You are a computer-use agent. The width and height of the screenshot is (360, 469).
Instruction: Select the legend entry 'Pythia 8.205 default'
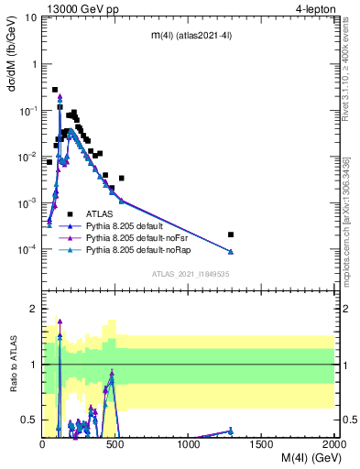coord(128,225)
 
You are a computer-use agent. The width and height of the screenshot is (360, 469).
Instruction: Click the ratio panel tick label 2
coord(33,309)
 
